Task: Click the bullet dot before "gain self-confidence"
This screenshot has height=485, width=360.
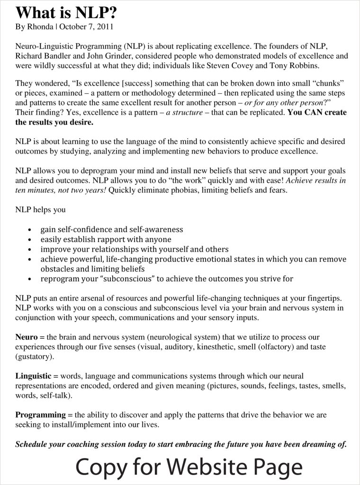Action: [x=30, y=230]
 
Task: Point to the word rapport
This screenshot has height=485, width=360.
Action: [x=114, y=240]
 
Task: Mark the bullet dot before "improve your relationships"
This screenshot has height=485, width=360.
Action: [x=30, y=250]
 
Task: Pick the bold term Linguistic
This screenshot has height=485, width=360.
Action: [x=33, y=376]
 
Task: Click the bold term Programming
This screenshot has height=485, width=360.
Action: [x=40, y=415]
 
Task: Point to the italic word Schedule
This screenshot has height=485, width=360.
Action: [x=32, y=444]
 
